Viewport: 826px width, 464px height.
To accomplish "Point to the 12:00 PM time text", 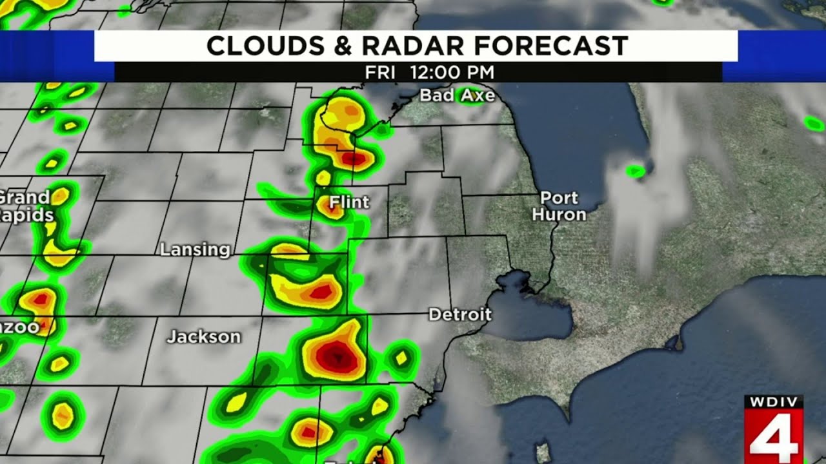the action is (452, 72).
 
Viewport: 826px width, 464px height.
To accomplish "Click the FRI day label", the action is (379, 72).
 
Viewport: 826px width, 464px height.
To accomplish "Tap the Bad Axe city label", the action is (457, 96).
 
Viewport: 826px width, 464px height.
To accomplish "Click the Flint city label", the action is (349, 202).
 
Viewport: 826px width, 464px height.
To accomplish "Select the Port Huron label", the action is (559, 206).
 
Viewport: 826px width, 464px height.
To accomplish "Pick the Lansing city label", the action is (195, 249).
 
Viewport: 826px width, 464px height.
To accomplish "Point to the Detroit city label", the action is (460, 315).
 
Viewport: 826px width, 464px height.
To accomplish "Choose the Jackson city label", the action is (204, 336).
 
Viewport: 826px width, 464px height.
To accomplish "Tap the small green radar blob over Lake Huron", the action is (636, 171).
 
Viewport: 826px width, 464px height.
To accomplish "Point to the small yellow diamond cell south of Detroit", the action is (401, 357).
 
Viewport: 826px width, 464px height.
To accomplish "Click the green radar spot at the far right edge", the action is (814, 122).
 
